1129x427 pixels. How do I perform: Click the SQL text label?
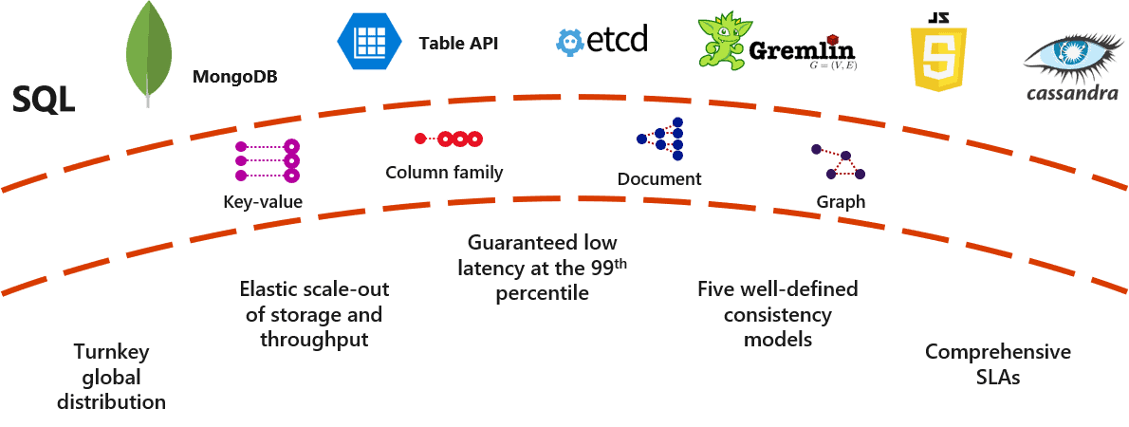point(43,100)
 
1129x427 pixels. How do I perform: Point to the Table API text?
point(458,44)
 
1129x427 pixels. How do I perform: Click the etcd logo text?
point(615,39)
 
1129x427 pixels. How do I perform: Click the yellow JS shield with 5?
point(937,55)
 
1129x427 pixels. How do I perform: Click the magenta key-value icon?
point(268,161)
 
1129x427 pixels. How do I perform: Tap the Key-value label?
point(263,201)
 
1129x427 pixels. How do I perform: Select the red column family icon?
point(449,139)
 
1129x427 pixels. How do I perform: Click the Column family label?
point(444,173)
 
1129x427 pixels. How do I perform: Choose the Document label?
point(659,179)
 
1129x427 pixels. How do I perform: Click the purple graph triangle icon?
point(839,162)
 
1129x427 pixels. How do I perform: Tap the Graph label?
point(841,202)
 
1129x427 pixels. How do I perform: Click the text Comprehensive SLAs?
point(997,364)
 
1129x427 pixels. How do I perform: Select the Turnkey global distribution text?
point(111,377)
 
